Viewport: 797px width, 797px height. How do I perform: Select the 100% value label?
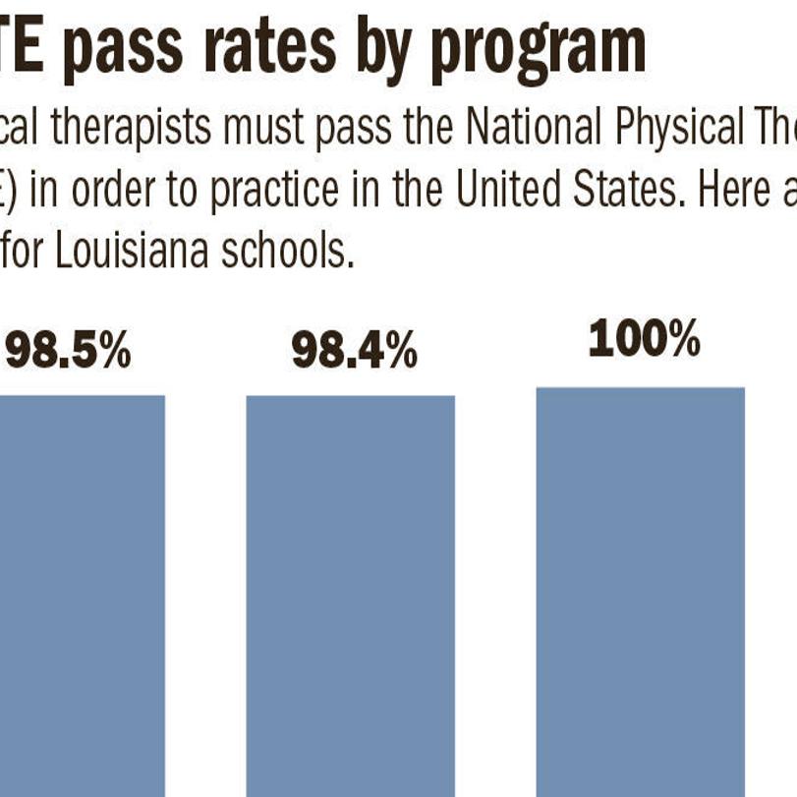(x=644, y=341)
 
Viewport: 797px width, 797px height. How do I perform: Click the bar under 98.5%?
(x=83, y=590)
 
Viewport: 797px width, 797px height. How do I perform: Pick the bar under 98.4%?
(x=350, y=590)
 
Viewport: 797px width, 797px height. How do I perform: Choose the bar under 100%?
(x=640, y=590)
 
